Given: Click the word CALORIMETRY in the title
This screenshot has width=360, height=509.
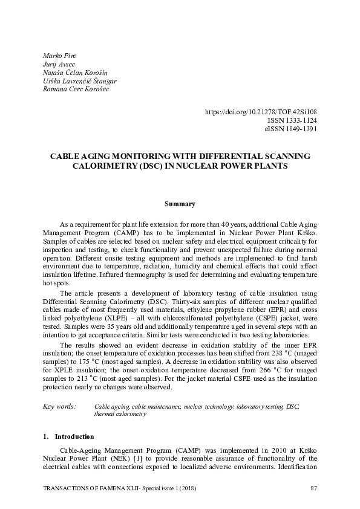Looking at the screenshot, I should point(107,165).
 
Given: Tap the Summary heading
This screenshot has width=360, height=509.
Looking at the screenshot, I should point(180,204).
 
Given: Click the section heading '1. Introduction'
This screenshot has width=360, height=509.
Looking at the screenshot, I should point(69,436).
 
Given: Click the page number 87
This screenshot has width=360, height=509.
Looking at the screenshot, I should point(313,487).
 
